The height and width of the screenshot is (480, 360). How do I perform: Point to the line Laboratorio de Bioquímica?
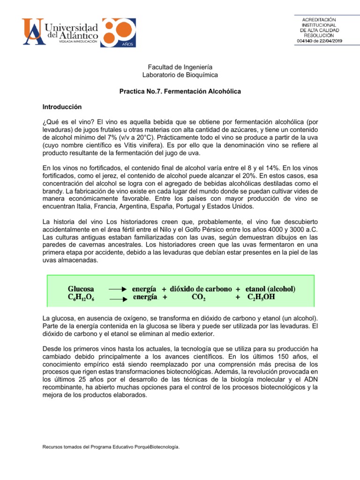(180, 75)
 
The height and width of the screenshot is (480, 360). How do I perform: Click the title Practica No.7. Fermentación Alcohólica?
(180, 91)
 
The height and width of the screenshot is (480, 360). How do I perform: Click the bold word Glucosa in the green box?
(81, 289)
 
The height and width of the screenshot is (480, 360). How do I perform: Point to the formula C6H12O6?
(82, 297)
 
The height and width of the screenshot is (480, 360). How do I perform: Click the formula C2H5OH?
(266, 297)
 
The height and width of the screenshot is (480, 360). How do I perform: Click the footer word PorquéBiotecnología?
(155, 447)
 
